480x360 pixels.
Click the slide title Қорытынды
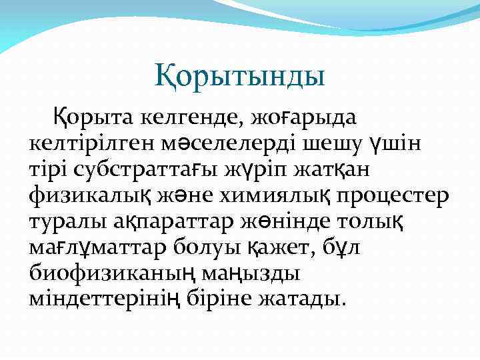[240, 75]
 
